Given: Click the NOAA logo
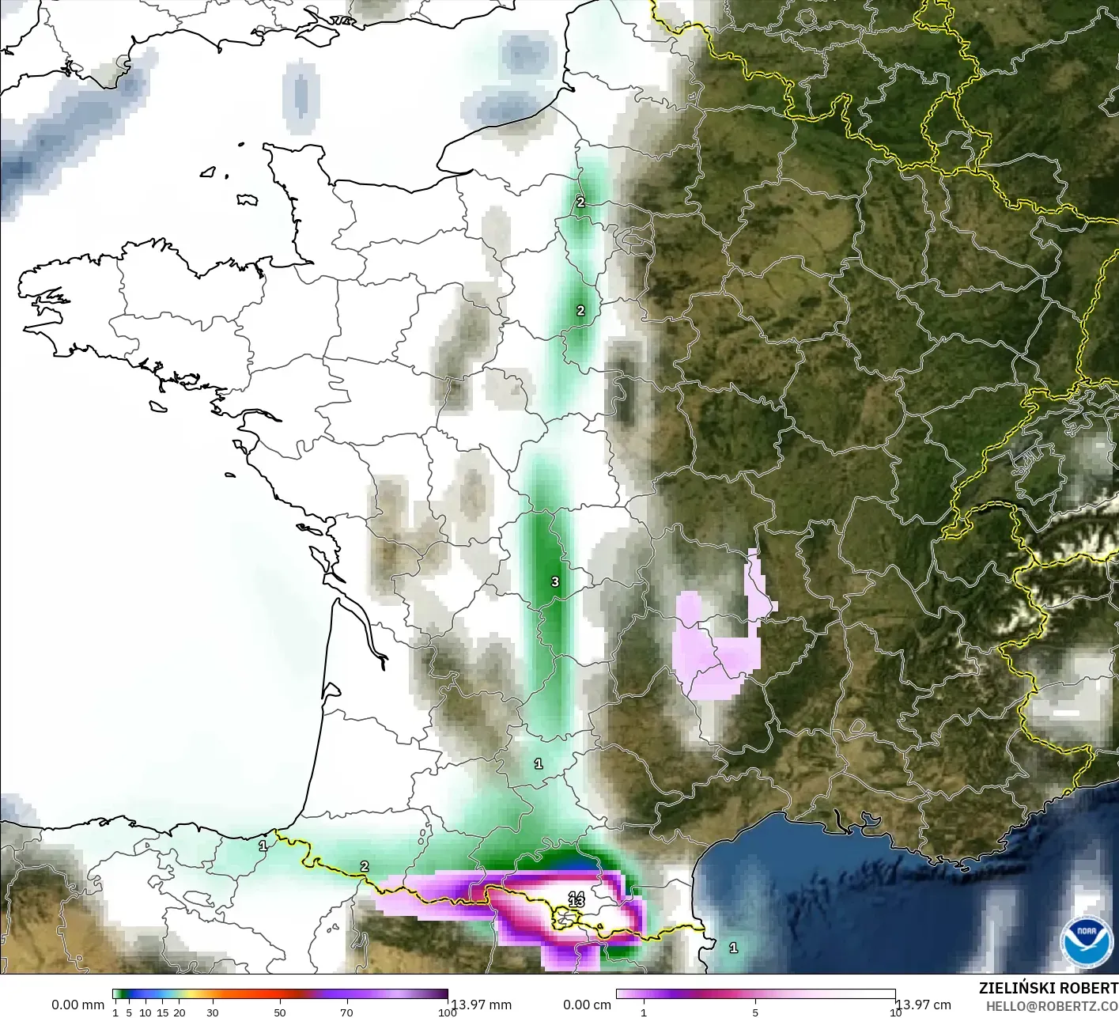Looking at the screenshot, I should [x=1087, y=941].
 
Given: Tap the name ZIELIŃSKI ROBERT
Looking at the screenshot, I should [x=1048, y=988].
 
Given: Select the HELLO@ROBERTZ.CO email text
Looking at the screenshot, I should [x=1052, y=1005].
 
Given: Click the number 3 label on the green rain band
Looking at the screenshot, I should [x=555, y=582].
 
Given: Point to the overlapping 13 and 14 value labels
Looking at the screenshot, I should [x=577, y=899].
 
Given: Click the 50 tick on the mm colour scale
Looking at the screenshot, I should [x=279, y=1012].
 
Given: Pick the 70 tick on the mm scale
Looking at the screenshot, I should [x=346, y=1012].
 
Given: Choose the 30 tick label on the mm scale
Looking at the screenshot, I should [x=212, y=1012].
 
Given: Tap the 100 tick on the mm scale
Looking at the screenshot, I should [x=448, y=1012].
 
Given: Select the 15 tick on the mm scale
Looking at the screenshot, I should [x=162, y=1012].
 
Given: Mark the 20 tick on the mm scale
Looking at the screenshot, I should [x=180, y=1012].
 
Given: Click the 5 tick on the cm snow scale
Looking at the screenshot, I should [x=755, y=1012].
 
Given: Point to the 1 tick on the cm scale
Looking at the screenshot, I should [x=644, y=1012].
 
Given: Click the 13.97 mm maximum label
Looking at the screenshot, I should [x=482, y=1005].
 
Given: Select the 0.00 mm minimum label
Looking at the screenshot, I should [x=77, y=1005].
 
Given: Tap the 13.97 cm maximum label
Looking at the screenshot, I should [x=924, y=1005].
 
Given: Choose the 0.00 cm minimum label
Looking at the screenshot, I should [x=587, y=1005].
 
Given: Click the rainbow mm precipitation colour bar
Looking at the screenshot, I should [x=280, y=995].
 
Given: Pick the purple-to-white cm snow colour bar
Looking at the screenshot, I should [x=755, y=995].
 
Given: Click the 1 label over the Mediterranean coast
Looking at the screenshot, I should [x=733, y=948].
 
